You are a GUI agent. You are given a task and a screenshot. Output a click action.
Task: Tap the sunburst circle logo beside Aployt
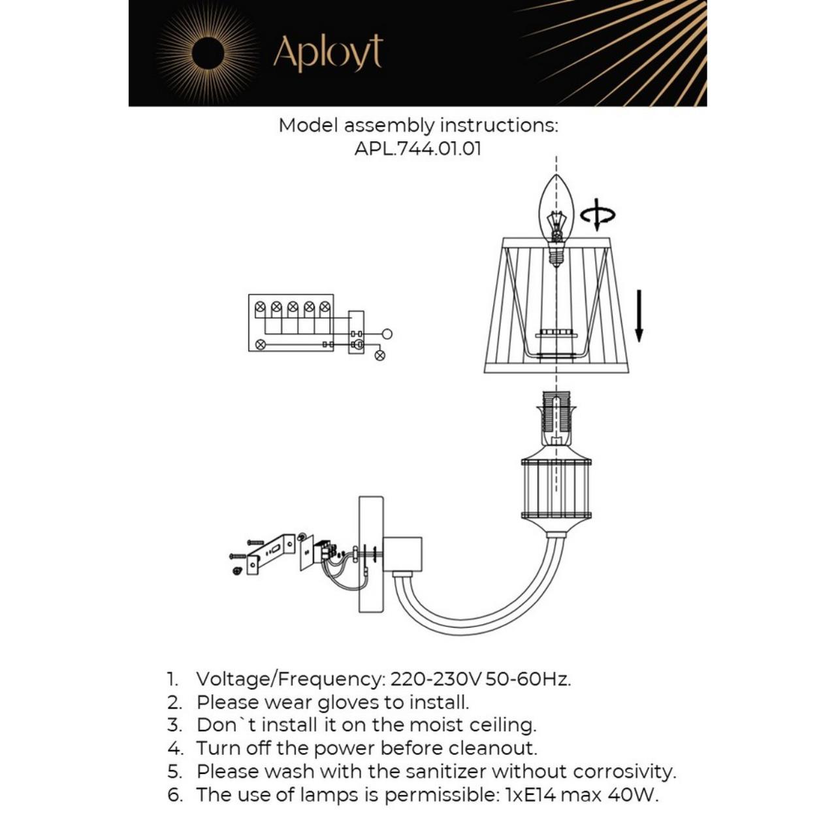click(x=208, y=52)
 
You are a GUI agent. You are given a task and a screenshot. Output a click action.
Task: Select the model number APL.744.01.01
click(x=418, y=148)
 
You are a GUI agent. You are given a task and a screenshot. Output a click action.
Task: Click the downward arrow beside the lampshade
click(x=639, y=316)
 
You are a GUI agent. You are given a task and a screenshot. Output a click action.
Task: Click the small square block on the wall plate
click(x=402, y=553)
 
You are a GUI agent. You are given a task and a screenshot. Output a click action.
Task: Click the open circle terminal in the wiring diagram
click(x=387, y=334)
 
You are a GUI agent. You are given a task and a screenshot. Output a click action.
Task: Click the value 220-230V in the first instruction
click(x=436, y=679)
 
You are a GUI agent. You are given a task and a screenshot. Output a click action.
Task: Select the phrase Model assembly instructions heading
click(x=418, y=125)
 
